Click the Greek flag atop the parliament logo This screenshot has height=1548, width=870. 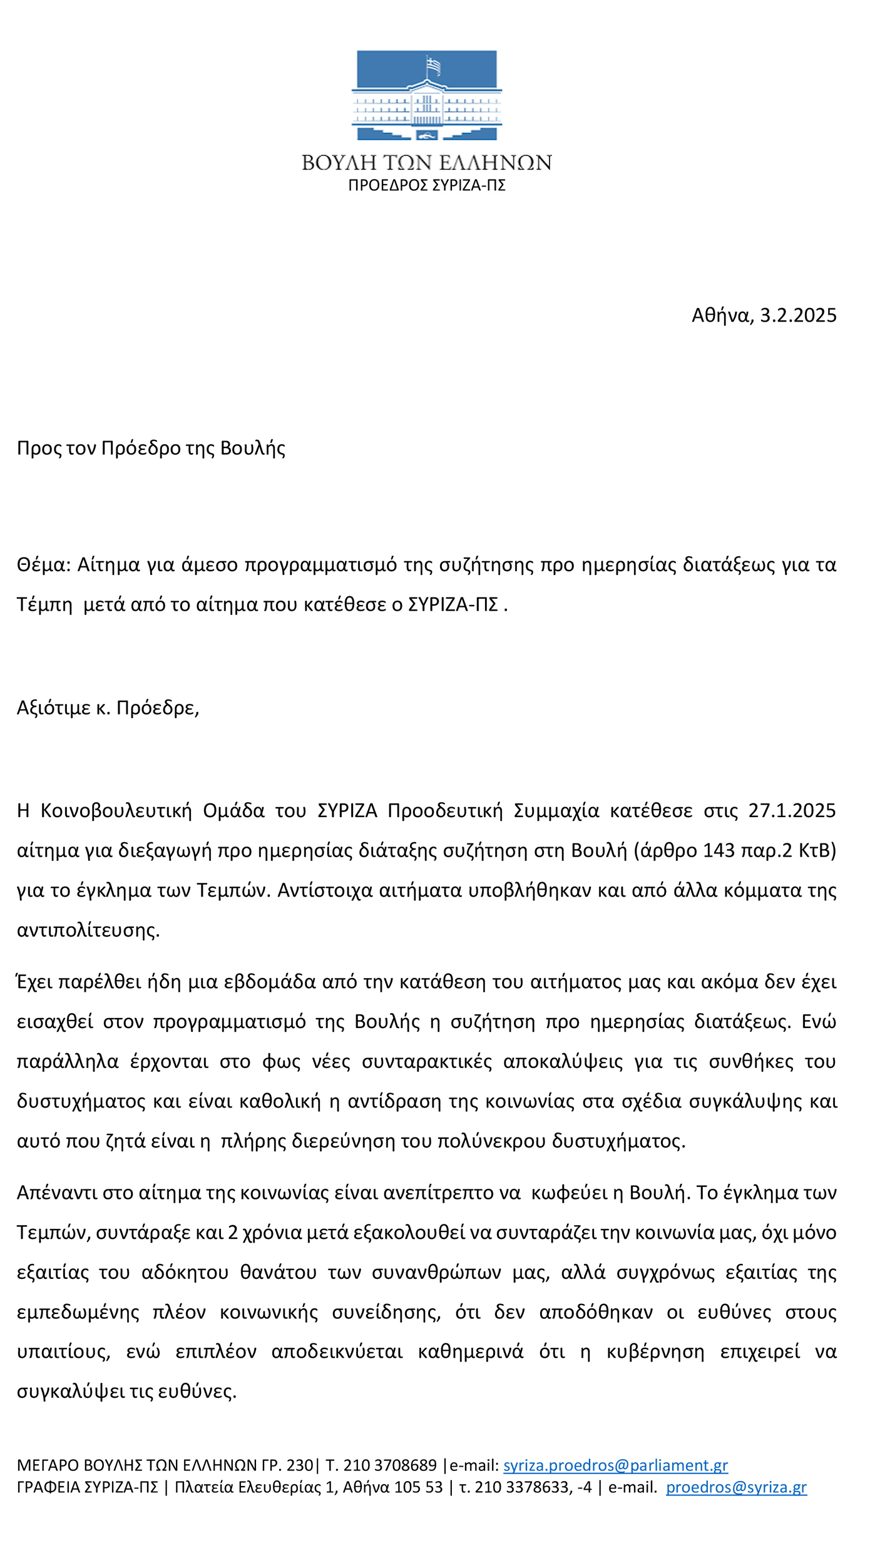click(x=433, y=65)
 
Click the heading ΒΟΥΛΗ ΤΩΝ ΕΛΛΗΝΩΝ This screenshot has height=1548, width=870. click(x=427, y=163)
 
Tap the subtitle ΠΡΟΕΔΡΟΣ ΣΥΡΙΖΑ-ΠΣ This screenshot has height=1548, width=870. click(x=427, y=186)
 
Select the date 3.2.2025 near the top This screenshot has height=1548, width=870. click(x=798, y=315)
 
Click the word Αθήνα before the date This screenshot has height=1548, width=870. click(x=722, y=315)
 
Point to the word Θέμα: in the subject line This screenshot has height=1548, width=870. click(x=44, y=564)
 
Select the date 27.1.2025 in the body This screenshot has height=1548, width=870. click(x=792, y=810)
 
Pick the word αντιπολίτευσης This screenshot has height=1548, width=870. click(x=88, y=930)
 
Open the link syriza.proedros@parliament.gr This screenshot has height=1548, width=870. click(x=615, y=1466)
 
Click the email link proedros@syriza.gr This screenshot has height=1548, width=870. click(x=736, y=1487)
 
